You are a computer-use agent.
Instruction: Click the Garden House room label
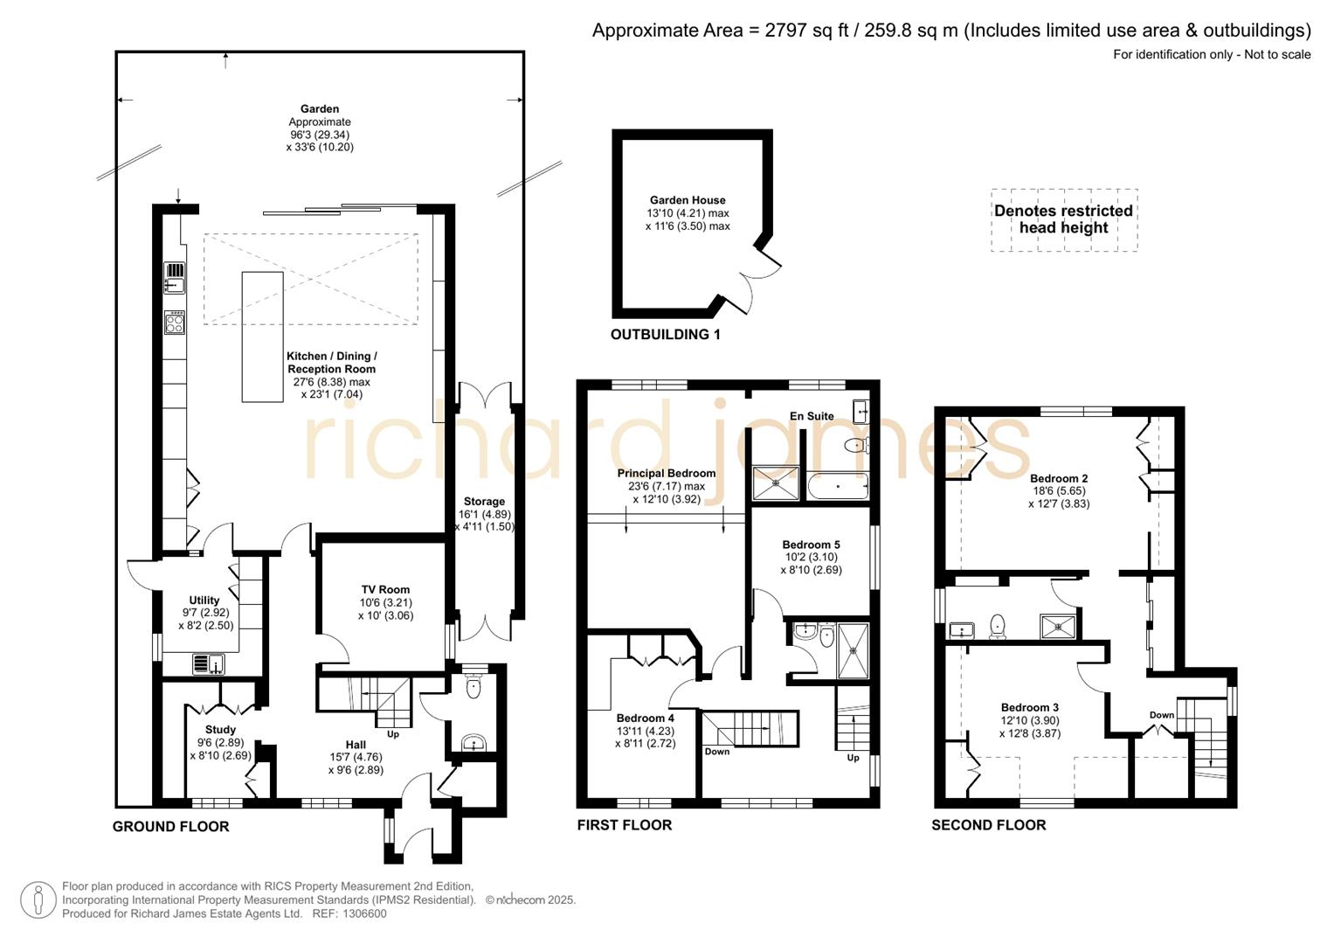(688, 200)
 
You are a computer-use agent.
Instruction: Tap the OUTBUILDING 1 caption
(665, 335)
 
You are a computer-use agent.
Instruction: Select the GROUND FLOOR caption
(170, 827)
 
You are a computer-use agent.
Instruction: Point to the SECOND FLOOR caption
(988, 825)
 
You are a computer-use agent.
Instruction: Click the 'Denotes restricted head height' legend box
(1063, 219)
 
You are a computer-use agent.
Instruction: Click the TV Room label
(385, 590)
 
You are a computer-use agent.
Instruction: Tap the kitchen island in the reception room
(262, 337)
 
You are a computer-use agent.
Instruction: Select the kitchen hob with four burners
(175, 323)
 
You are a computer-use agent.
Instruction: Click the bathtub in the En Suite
(837, 486)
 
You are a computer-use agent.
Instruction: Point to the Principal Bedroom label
(666, 474)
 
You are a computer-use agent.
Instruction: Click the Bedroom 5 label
(811, 545)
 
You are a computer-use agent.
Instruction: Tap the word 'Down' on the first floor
(716, 752)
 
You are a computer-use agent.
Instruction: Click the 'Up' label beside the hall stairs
(393, 734)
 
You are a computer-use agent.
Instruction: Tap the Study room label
(220, 730)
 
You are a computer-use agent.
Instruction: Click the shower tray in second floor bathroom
(1058, 627)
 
